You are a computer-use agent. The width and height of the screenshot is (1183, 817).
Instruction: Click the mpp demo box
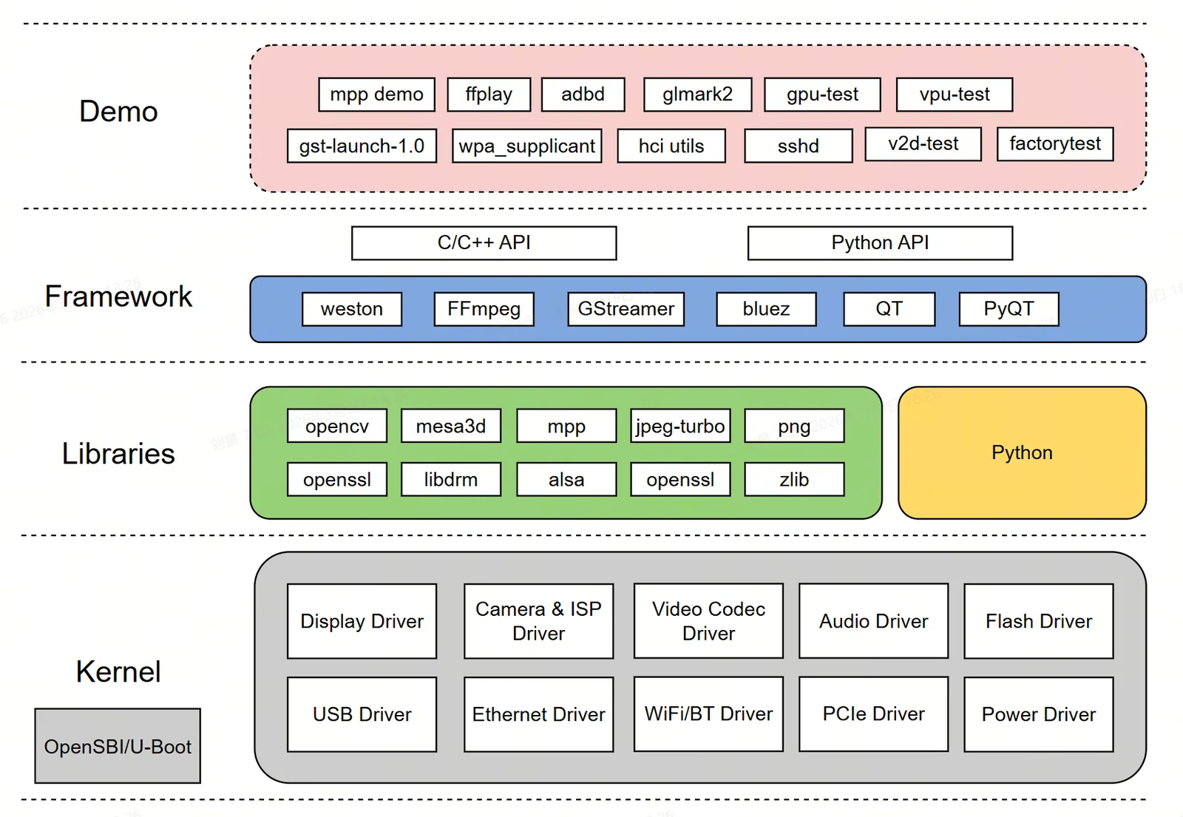(376, 95)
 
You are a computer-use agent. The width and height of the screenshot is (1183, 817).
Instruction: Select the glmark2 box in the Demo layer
(698, 95)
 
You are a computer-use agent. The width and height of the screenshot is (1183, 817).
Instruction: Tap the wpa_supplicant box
(527, 146)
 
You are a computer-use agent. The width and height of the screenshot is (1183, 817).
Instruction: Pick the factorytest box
(1055, 143)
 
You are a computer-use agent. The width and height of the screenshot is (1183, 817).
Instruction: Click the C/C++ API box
(484, 243)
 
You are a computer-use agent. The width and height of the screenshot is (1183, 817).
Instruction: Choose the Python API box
(881, 243)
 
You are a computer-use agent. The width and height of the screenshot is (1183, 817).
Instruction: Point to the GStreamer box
(626, 309)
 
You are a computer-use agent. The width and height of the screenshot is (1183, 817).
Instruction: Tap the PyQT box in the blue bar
(1009, 309)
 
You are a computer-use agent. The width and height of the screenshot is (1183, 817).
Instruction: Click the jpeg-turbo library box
(680, 426)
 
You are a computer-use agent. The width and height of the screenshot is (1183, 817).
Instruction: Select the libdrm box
(451, 480)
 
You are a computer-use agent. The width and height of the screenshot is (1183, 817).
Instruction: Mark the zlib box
(794, 480)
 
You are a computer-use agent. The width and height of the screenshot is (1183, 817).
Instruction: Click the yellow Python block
(1022, 452)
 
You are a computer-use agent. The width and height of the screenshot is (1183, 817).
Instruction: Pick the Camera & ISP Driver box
(539, 621)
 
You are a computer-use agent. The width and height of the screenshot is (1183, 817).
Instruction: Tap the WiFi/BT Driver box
(708, 714)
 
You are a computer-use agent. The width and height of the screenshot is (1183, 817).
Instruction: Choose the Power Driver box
(1039, 714)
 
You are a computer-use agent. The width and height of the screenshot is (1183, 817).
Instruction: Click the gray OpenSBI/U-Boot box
(118, 746)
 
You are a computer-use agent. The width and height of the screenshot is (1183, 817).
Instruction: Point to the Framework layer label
(118, 296)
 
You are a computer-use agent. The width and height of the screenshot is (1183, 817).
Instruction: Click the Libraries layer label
(118, 454)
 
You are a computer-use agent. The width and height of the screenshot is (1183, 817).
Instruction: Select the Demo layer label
(118, 112)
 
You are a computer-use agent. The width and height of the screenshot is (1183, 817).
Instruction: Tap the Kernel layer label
(118, 672)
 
